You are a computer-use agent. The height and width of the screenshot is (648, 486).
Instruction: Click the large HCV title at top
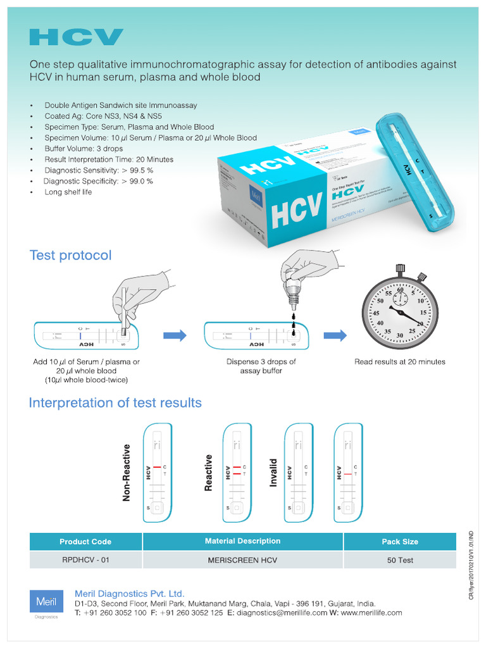click(x=77, y=37)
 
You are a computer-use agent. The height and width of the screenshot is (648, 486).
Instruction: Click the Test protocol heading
click(x=70, y=255)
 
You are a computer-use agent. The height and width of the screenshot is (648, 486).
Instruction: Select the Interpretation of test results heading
click(x=115, y=402)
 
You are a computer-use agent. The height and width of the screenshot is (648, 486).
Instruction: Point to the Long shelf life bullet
click(x=68, y=192)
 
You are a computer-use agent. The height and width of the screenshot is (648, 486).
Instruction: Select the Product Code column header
click(x=85, y=542)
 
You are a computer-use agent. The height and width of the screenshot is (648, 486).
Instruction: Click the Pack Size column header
click(x=399, y=542)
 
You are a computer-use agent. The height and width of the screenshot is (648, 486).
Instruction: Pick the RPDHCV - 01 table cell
click(x=85, y=560)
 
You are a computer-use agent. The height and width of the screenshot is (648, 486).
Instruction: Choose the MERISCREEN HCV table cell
click(x=242, y=560)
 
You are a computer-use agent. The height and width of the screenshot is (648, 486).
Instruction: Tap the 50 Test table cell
click(x=399, y=560)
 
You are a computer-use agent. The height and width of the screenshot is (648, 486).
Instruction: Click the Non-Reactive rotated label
click(x=126, y=472)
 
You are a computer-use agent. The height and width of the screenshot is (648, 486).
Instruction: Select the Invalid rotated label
click(x=274, y=473)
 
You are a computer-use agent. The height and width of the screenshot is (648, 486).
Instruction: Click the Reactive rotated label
click(x=208, y=472)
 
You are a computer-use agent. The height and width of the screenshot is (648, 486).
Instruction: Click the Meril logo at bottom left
click(x=46, y=601)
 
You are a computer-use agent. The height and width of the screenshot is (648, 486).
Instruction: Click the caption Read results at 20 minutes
click(x=399, y=362)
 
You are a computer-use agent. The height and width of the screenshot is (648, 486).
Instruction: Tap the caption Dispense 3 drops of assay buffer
click(x=261, y=366)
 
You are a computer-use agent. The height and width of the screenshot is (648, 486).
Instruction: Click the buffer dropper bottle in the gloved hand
click(x=292, y=292)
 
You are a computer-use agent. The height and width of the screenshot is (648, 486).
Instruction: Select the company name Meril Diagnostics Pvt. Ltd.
click(x=130, y=594)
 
